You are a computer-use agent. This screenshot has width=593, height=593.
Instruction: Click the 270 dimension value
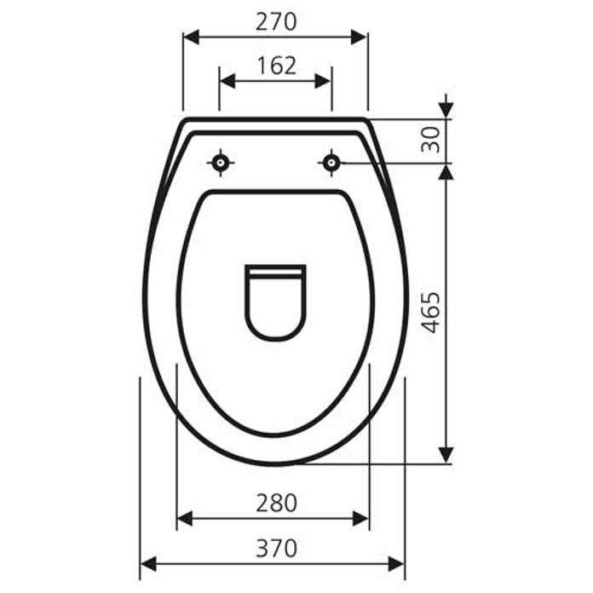point(276,22)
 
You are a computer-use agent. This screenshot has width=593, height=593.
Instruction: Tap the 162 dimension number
point(276,66)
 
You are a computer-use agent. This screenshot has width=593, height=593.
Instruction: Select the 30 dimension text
point(431,140)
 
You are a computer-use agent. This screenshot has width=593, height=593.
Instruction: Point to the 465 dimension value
point(431,313)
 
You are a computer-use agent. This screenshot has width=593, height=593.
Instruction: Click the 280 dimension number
point(276,503)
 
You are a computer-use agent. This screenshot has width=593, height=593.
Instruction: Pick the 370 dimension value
point(276,549)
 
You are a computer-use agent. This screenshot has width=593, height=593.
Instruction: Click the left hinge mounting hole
point(220,163)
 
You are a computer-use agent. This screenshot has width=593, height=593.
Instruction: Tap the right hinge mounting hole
point(331,163)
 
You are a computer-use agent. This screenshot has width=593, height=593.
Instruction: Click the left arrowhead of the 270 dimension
point(191,37)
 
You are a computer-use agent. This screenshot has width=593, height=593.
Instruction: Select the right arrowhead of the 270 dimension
point(359,37)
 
